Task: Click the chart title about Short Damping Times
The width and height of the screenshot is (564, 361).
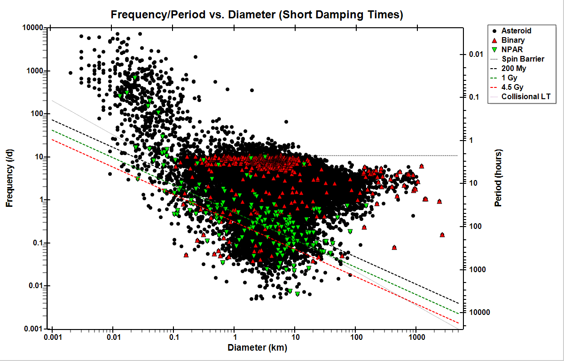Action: pos(257,15)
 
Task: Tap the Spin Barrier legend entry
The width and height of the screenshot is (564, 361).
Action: pos(523,59)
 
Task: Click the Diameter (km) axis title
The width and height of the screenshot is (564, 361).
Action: pos(257,348)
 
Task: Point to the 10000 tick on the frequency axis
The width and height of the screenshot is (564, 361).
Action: pos(33,28)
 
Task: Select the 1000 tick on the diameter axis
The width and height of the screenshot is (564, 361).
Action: pos(415,337)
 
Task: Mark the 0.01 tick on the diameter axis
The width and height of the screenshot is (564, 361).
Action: pos(113,337)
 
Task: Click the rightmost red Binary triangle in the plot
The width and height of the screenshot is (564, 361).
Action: pos(442,235)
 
